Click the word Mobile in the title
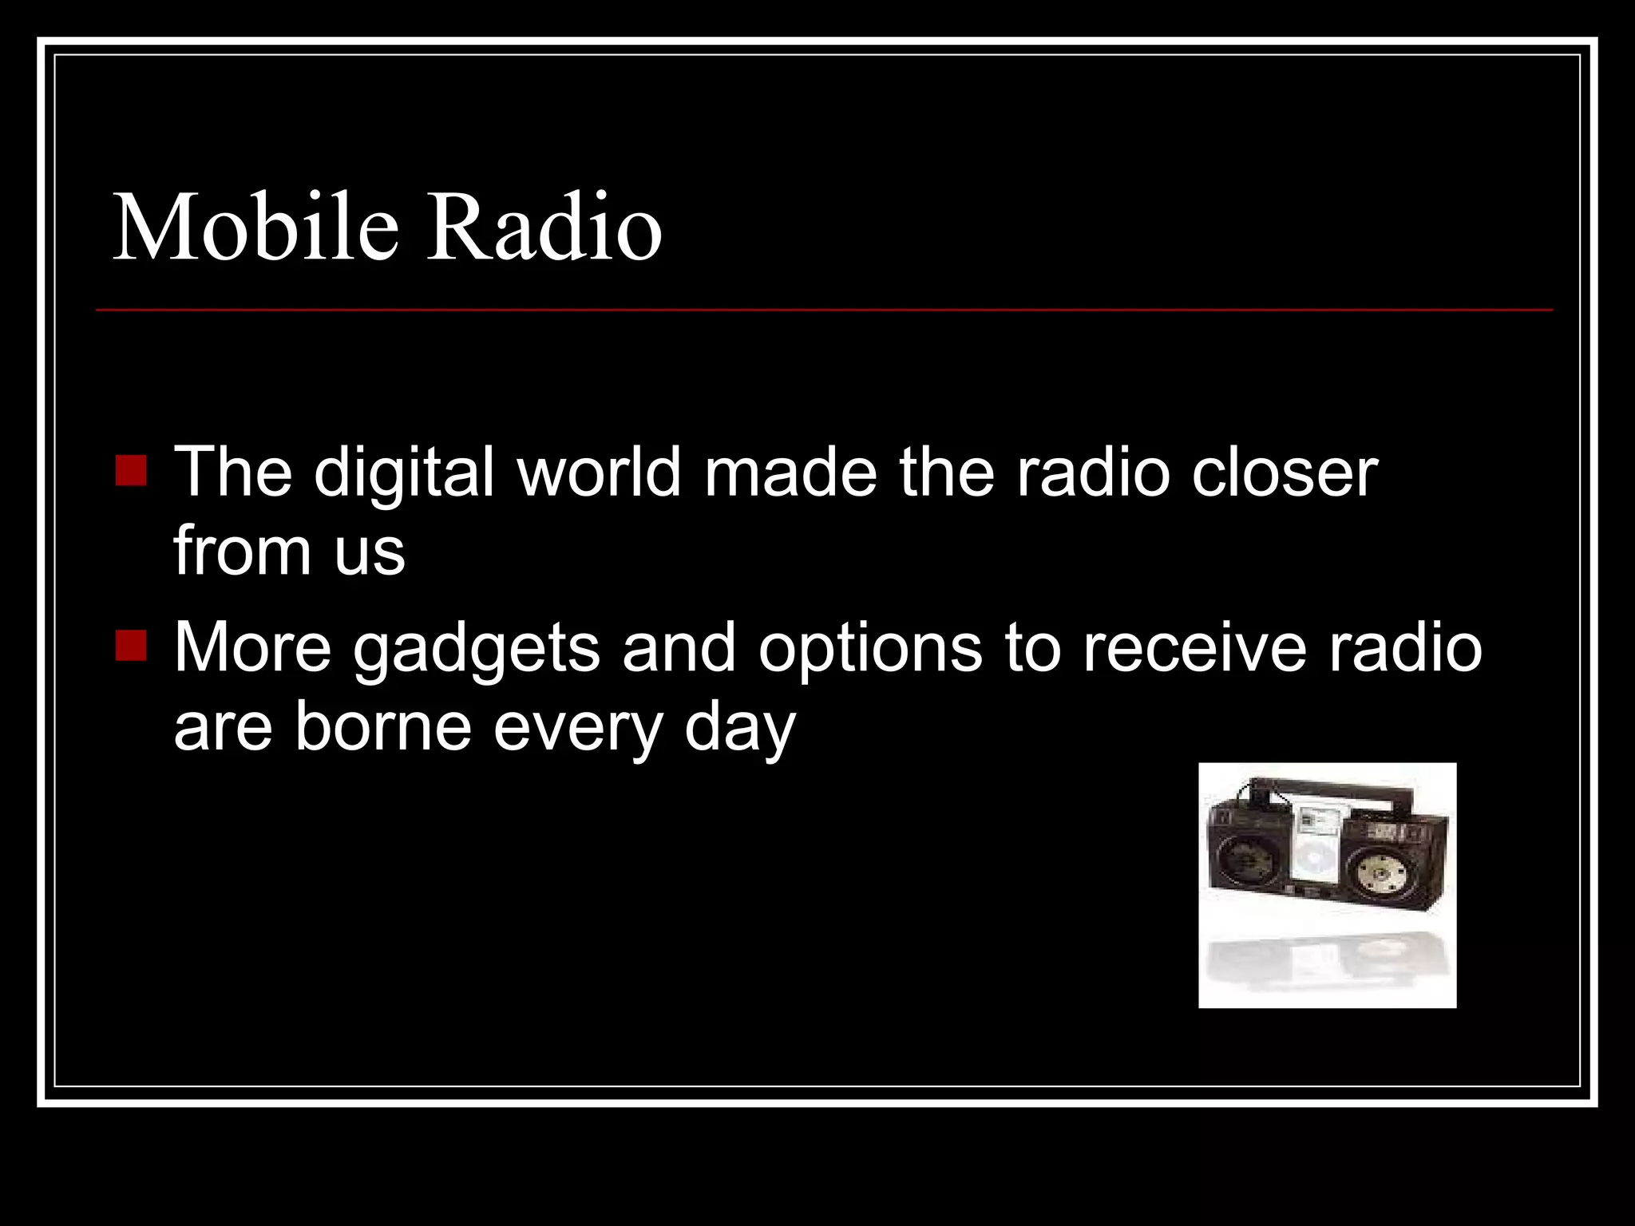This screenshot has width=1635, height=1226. tap(255, 228)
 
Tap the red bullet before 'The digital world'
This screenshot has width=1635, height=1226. tap(131, 470)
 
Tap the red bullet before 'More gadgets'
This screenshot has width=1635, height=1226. tap(131, 646)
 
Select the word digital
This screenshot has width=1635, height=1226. tap(404, 473)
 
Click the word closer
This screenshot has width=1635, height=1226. tap(1285, 472)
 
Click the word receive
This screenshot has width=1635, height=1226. tap(1194, 647)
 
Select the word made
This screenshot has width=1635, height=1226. tap(790, 472)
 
